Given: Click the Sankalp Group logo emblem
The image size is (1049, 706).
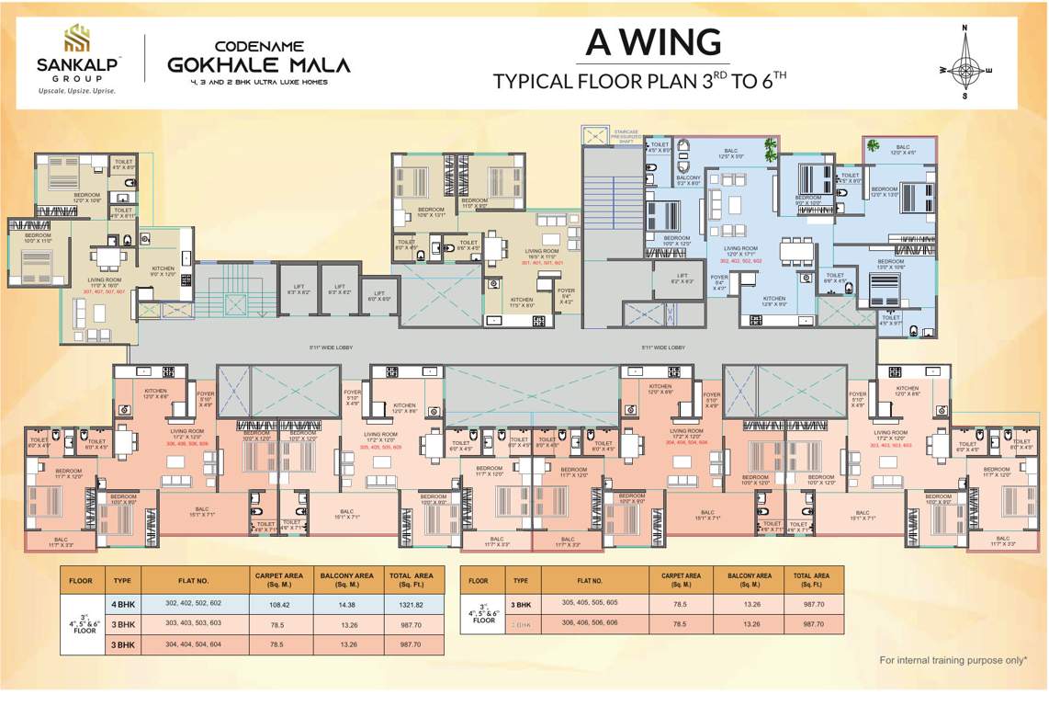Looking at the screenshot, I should coord(76,39).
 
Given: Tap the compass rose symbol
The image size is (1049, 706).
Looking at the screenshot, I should coord(964,69).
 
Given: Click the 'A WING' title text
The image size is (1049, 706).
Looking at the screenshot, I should coord(654,42).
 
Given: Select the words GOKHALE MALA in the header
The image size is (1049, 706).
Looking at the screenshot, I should coord(259,65).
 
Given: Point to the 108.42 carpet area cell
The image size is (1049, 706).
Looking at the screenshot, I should coord(276,604).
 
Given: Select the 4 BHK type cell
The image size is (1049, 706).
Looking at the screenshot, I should coord(123,604).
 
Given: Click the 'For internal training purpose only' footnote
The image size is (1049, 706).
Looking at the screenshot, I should coord(953,660).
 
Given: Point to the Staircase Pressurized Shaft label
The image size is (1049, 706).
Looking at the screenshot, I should coord(625,136).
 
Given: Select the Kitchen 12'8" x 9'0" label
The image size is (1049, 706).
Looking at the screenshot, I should coord(774,302).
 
